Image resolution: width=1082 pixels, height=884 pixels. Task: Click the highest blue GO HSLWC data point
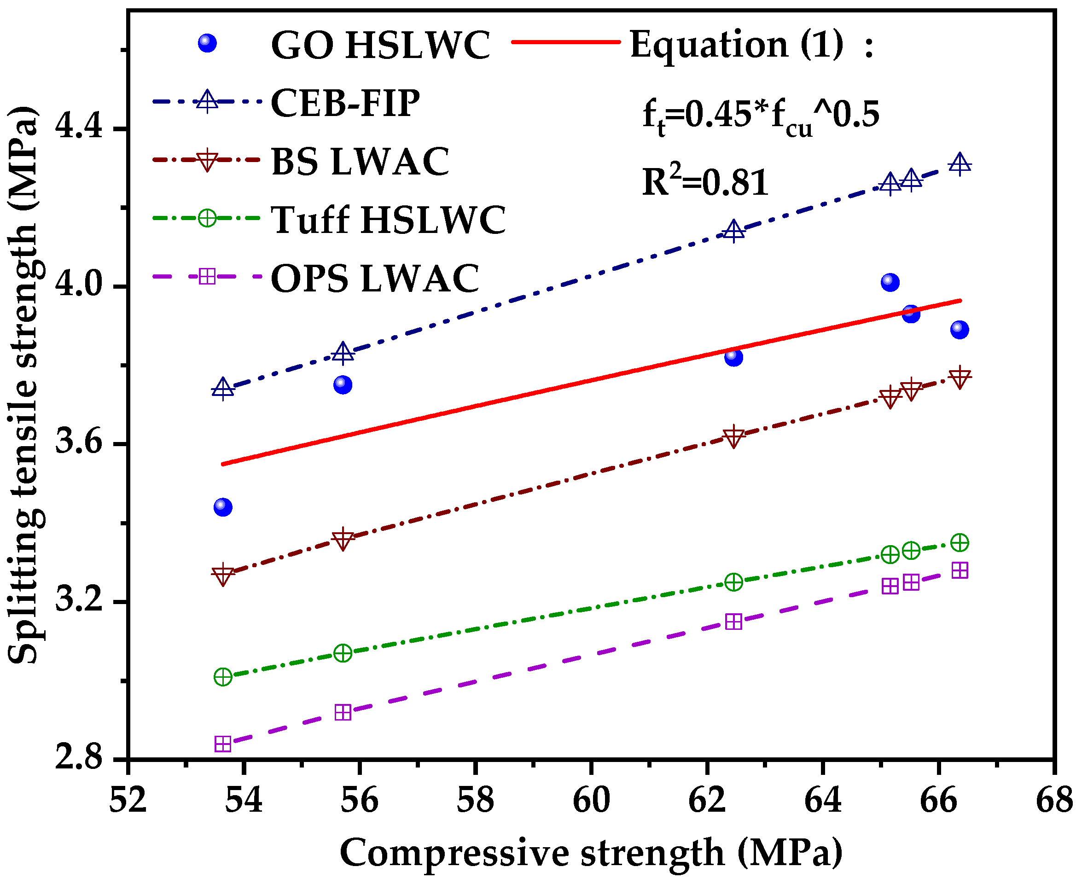[x=890, y=282]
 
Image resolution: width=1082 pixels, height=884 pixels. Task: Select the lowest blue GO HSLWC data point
[x=223, y=506]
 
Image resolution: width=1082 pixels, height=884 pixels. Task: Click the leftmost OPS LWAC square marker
[x=223, y=744]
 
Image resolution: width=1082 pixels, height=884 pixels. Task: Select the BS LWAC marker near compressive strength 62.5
[x=733, y=436]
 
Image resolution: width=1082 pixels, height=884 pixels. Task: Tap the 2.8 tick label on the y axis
[x=79, y=758]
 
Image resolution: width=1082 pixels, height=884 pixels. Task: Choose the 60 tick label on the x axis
[x=591, y=801]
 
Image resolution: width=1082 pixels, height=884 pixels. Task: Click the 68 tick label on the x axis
[x=1054, y=801]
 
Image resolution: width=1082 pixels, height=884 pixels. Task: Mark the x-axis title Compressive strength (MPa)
[x=591, y=853]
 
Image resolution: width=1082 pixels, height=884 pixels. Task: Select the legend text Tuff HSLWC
[x=388, y=220]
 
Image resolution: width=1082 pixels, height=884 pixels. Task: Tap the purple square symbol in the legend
[x=207, y=277]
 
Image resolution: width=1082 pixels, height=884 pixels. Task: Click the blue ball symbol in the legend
[x=207, y=43]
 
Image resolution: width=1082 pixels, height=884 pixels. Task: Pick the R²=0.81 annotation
[x=705, y=182]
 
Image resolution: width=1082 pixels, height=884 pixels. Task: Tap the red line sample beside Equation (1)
[x=565, y=42]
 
